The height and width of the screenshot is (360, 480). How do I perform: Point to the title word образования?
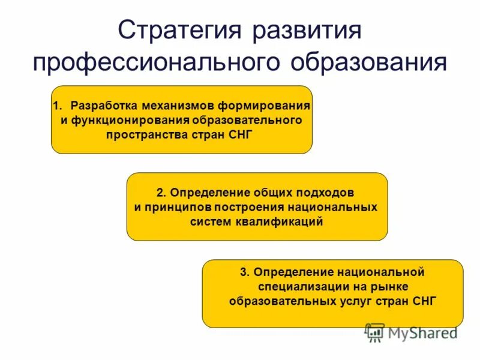click(370, 62)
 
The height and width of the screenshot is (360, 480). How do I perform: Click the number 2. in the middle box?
click(160, 193)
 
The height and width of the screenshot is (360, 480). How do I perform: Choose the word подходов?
click(326, 193)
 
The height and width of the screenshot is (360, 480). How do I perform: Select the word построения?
click(251, 207)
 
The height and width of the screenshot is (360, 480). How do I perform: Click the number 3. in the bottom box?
click(244, 272)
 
